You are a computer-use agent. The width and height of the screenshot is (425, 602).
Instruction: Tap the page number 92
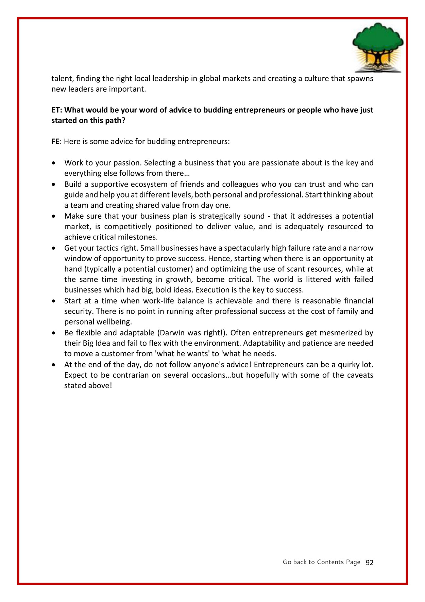[x=370, y=563]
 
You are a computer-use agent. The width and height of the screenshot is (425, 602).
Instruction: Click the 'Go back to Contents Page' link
[x=321, y=562]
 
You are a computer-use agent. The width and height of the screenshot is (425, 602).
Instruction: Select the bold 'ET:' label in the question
[x=57, y=110]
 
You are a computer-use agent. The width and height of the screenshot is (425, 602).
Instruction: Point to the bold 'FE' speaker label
[x=55, y=142]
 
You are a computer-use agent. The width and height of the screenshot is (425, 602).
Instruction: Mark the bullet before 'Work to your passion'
[x=54, y=163]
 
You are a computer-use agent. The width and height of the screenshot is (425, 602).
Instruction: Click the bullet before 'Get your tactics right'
[x=54, y=248]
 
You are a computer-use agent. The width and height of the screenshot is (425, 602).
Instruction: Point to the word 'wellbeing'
[x=114, y=322]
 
